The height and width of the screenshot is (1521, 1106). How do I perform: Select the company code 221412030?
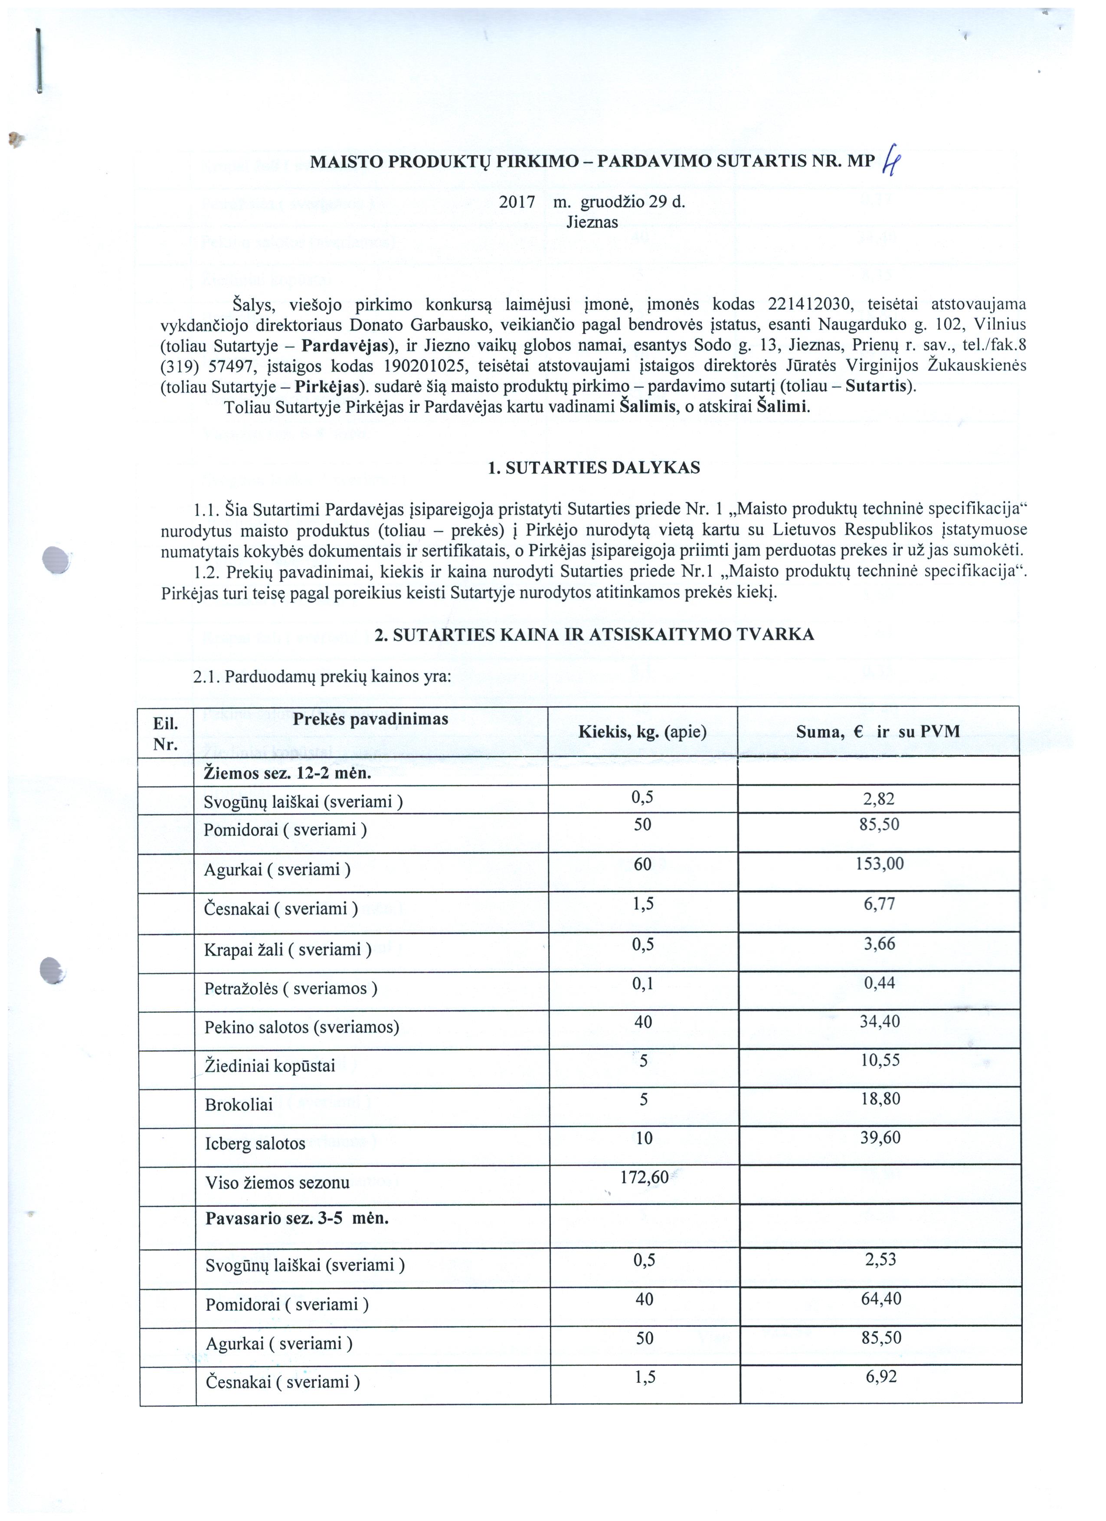coord(809,304)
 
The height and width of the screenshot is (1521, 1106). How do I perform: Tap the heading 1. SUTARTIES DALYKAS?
coord(594,468)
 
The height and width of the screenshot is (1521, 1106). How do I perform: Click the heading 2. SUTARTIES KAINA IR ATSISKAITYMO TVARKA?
coord(594,634)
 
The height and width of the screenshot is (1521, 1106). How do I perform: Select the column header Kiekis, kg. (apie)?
coord(642,731)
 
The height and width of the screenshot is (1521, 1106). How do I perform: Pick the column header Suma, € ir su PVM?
coord(877,731)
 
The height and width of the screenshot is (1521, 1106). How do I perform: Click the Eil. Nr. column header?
coord(165,734)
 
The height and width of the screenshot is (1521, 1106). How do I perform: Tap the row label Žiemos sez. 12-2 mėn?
coord(287,773)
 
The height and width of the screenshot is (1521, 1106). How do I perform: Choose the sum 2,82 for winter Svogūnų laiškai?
coord(879,799)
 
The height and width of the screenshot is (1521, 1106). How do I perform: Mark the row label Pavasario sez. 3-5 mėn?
coord(297,1218)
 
